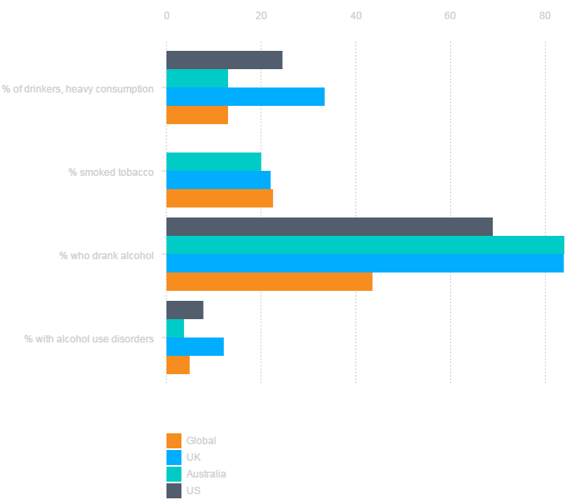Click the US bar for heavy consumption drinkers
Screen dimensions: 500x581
(x=224, y=60)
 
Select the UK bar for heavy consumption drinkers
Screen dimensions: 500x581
(x=246, y=97)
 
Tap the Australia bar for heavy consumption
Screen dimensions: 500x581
(x=197, y=78)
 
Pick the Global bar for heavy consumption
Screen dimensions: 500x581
(x=197, y=115)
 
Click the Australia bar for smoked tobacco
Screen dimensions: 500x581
(x=214, y=162)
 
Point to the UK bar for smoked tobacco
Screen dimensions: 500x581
(x=218, y=180)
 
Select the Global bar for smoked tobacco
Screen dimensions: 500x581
(x=220, y=198)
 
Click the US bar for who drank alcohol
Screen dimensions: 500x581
(x=330, y=227)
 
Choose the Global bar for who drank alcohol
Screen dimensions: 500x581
(x=269, y=282)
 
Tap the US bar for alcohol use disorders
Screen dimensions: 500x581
(x=185, y=310)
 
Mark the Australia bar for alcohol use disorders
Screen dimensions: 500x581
(x=175, y=328)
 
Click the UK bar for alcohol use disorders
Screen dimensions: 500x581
(x=195, y=347)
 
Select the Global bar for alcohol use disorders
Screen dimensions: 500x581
(x=178, y=365)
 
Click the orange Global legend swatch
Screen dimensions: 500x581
(x=174, y=441)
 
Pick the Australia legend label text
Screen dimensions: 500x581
(x=206, y=474)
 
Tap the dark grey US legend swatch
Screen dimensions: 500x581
(x=174, y=491)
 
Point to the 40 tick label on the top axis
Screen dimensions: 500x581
(x=356, y=16)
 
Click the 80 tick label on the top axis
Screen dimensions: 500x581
(x=545, y=16)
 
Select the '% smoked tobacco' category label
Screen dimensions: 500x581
(x=111, y=172)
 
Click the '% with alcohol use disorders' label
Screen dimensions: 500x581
(x=88, y=339)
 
